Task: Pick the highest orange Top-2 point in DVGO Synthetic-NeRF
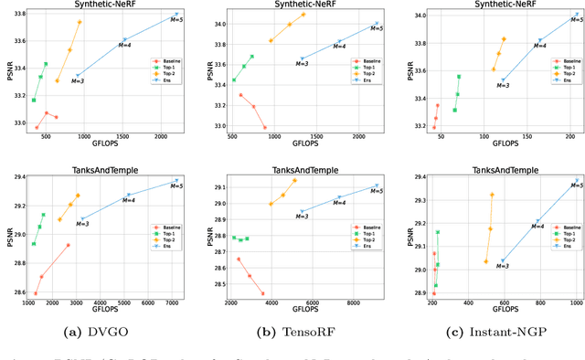(80, 22)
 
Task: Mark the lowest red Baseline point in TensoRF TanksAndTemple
(263, 294)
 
